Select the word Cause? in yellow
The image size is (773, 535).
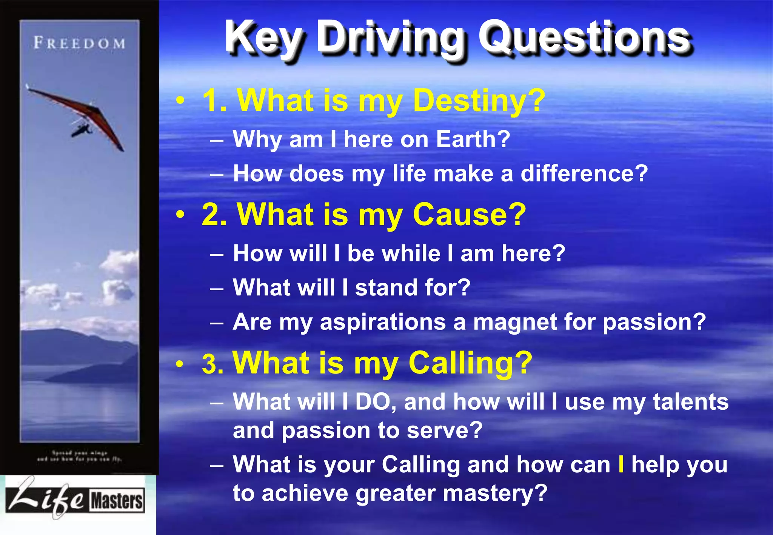469,215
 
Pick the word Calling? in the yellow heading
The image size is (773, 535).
470,363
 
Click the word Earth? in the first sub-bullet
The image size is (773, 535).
473,139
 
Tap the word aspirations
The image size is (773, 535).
383,323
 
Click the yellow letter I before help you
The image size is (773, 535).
621,464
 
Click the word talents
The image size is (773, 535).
690,402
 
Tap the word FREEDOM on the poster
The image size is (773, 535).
79,43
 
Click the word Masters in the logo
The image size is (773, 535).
117,501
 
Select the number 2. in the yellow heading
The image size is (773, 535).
214,215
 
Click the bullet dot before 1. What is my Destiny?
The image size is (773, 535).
181,101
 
